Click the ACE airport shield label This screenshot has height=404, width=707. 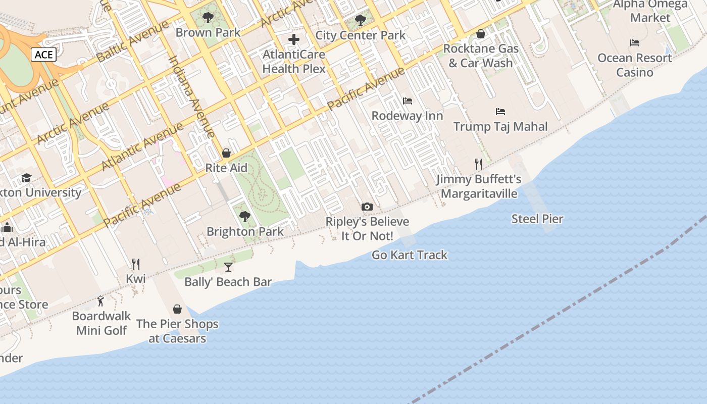43,55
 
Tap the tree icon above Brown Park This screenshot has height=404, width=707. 208,18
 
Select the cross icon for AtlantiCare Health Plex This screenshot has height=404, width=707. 294,39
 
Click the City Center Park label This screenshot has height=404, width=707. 360,35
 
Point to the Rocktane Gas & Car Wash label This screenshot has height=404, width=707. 481,56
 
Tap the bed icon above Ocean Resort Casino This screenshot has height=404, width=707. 635,43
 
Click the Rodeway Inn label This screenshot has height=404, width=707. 407,116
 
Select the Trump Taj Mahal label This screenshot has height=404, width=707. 500,126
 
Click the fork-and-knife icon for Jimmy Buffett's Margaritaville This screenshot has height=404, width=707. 479,164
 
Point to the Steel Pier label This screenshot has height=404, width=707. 537,219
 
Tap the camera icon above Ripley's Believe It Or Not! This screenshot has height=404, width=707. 367,207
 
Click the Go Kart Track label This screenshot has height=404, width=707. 410,255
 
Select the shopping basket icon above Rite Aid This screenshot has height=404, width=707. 226,153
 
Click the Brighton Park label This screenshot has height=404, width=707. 245,232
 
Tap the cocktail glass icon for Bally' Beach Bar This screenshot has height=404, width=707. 228,267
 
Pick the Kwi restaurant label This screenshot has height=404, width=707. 135,279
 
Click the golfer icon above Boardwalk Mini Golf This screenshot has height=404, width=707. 101,301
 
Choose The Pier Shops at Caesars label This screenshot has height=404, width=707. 177,331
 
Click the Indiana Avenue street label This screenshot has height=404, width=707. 192,96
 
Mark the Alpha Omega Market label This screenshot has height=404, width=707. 650,11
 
